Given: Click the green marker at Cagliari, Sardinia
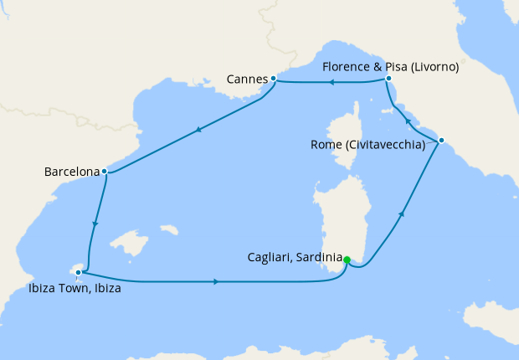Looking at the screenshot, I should [x=347, y=260].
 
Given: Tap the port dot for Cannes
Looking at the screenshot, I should [x=274, y=79].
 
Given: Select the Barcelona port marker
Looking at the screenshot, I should [x=104, y=172].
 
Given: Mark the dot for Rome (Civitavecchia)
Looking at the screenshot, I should [x=441, y=140].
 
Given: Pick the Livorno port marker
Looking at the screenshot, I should [x=389, y=79].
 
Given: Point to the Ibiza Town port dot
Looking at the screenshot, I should [x=78, y=272].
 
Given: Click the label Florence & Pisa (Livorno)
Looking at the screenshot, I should [x=391, y=67].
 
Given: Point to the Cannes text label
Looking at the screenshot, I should [x=246, y=80].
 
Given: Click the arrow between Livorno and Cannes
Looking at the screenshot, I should [x=331, y=82].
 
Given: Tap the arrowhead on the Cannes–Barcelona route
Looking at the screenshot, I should [x=198, y=129].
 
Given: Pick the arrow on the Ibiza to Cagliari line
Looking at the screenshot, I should [x=217, y=281].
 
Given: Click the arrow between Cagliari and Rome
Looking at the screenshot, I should [x=403, y=214].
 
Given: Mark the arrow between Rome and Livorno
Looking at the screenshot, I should [x=409, y=121].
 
